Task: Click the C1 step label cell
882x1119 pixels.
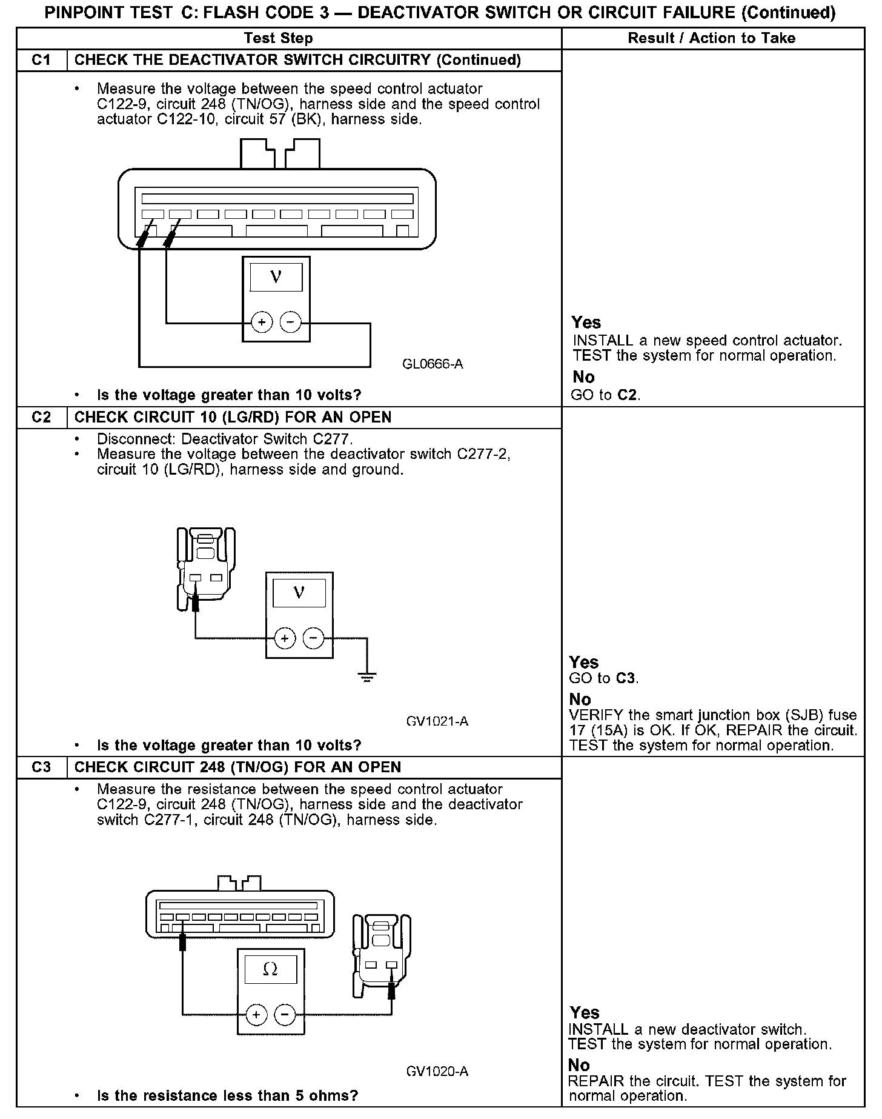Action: [x=41, y=60]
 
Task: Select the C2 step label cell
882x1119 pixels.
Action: [x=41, y=417]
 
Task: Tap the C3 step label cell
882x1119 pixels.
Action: [x=41, y=767]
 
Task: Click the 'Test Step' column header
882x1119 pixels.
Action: [x=278, y=38]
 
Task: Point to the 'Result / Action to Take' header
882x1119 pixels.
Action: [x=711, y=38]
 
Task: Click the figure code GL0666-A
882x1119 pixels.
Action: [x=433, y=364]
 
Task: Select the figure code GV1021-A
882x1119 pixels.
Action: [x=437, y=721]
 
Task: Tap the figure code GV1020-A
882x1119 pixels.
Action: [x=437, y=1071]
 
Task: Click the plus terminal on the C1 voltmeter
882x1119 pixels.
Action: [x=262, y=322]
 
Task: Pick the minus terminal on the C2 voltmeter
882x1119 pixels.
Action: [x=313, y=638]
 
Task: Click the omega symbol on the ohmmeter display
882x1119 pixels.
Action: [x=270, y=970]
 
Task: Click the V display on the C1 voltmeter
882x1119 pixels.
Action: [x=276, y=277]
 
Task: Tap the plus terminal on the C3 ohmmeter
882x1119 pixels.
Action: [x=256, y=1014]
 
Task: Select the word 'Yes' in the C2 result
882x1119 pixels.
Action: [x=584, y=662]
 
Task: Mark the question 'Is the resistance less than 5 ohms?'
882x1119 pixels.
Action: [x=227, y=1095]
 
